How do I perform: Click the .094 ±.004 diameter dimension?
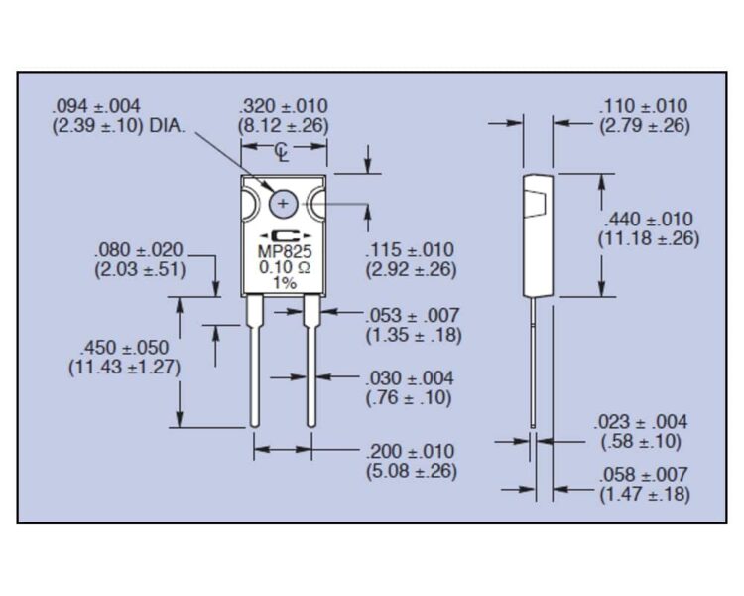96,106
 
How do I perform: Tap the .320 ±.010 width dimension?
284,106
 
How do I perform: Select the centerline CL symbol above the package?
282,152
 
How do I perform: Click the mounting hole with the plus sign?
284,204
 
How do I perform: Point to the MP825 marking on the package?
285,251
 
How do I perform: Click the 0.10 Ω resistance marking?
285,267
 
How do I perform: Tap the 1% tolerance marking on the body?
285,283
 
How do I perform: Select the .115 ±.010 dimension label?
410,250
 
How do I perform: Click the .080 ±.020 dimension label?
139,250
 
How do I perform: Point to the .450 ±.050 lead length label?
125,348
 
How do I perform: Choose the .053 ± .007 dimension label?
413,315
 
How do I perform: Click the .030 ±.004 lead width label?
410,378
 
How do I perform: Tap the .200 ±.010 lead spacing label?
411,451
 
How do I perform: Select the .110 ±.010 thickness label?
643,106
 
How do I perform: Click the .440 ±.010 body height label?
648,220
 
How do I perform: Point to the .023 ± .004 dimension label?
640,421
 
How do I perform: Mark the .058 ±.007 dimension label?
643,475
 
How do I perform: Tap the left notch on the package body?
249,205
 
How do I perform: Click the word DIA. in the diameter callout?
167,126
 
